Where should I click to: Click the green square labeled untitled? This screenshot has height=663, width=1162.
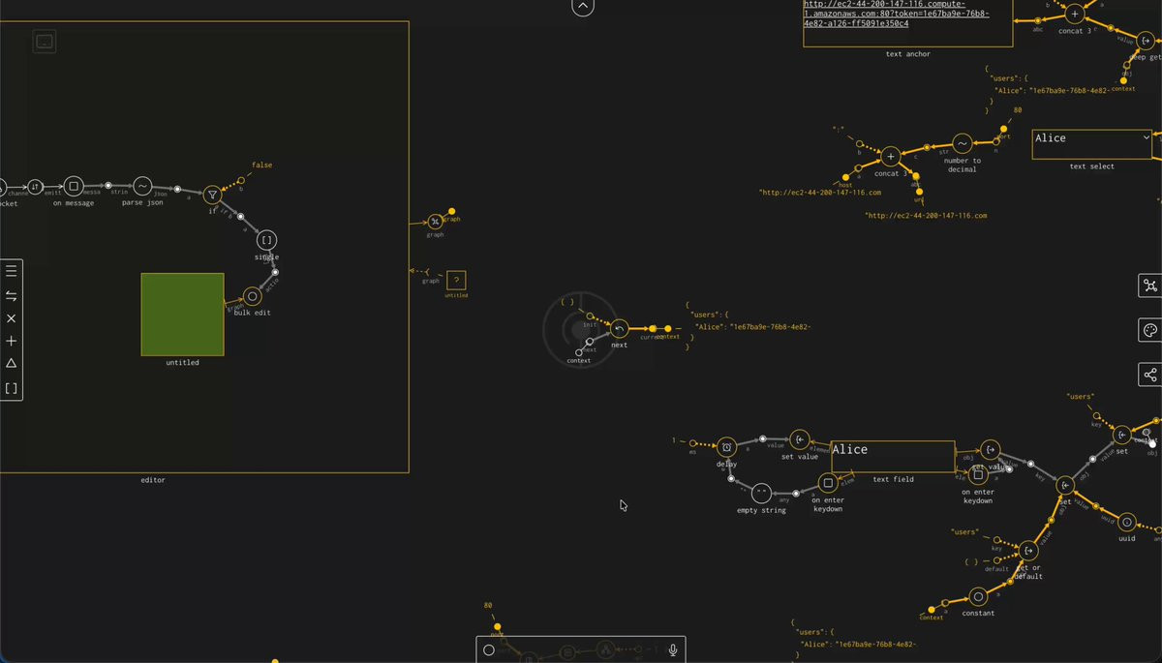[182, 314]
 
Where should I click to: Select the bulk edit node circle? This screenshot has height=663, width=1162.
[253, 296]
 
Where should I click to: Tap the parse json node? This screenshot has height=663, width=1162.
[142, 186]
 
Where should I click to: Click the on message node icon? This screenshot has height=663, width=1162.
[74, 186]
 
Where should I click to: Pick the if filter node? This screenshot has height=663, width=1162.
[213, 196]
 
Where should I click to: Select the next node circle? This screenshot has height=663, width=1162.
[620, 329]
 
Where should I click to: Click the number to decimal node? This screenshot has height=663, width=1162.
[962, 144]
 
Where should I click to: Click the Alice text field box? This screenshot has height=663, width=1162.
[892, 456]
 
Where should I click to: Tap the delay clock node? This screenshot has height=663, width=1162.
[727, 447]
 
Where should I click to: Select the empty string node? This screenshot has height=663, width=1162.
[761, 494]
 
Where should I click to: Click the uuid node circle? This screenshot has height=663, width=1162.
[1126, 522]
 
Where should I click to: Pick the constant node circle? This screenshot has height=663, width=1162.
[979, 597]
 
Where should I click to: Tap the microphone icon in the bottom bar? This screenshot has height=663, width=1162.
[673, 650]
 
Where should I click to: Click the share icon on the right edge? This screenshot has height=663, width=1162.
[1150, 375]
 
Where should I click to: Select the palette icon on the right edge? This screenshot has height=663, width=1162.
[1150, 330]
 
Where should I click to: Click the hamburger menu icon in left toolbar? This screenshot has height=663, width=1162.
[12, 271]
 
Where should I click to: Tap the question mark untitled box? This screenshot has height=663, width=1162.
[456, 281]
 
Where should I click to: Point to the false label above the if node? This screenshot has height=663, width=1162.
[261, 166]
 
